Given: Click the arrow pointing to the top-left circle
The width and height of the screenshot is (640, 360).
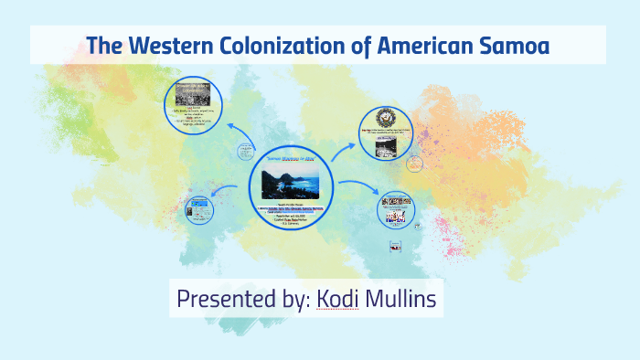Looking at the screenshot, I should click(x=240, y=133).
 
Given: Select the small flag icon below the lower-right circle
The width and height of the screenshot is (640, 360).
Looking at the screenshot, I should click(x=396, y=245).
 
